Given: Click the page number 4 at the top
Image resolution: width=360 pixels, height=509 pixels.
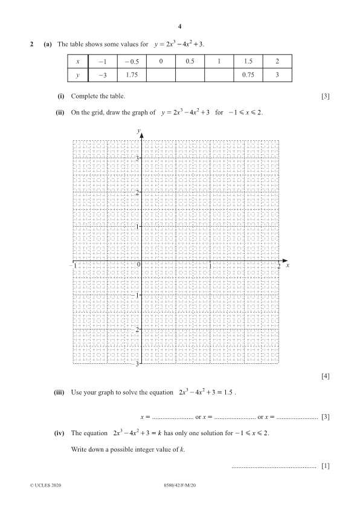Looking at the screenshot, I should coord(180,27).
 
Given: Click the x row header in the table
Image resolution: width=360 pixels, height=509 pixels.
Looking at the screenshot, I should coord(78,62).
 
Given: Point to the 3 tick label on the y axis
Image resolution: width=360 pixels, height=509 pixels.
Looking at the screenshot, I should coord(137,158).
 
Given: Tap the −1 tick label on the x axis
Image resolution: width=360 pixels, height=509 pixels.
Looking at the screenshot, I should coord(73,265).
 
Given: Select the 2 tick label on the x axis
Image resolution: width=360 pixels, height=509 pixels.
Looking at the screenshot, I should coord(278,266).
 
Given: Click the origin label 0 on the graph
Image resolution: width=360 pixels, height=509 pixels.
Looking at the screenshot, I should coord(138,265).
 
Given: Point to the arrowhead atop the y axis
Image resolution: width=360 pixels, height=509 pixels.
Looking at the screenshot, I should coord(141,134).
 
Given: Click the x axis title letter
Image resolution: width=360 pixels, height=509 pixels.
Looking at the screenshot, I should coord(288,265).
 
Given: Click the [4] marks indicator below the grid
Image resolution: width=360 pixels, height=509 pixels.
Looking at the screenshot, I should coord(326,377).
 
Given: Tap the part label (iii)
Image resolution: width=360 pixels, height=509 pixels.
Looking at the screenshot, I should coord(60,392).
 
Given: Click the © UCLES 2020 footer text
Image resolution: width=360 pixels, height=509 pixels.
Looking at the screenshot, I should coord(45,485).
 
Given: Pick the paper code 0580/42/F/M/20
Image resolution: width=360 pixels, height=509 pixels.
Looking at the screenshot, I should coord(180,485).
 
